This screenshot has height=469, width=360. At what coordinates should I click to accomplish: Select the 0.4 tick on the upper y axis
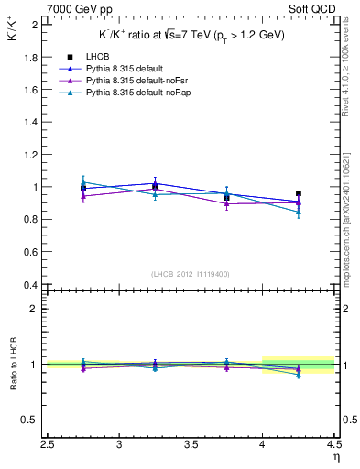click(32, 285)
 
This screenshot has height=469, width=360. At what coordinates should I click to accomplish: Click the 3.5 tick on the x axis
click(191, 445)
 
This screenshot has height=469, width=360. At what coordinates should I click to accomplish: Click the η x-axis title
click(334, 458)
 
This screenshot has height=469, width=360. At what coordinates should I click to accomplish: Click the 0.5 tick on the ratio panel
click(32, 420)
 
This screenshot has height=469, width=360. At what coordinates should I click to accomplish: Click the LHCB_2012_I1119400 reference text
click(191, 274)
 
